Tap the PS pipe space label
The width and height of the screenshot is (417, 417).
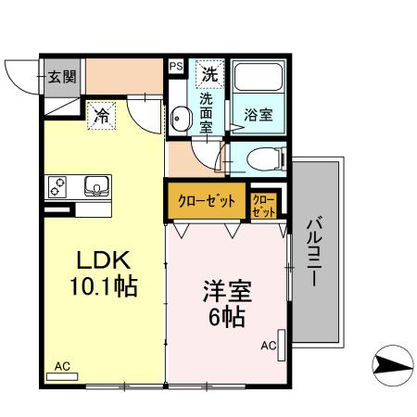tap(176, 66)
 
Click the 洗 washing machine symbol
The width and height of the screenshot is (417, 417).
tap(208, 71)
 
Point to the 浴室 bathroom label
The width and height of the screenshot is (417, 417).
tap(258, 115)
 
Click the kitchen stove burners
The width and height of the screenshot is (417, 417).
tap(57, 186)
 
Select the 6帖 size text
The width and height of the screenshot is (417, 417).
tap(225, 318)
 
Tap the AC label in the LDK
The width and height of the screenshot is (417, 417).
tap(62, 366)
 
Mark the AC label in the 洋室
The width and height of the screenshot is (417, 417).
tap(268, 347)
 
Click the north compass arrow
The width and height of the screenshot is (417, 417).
tap(391, 364)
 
